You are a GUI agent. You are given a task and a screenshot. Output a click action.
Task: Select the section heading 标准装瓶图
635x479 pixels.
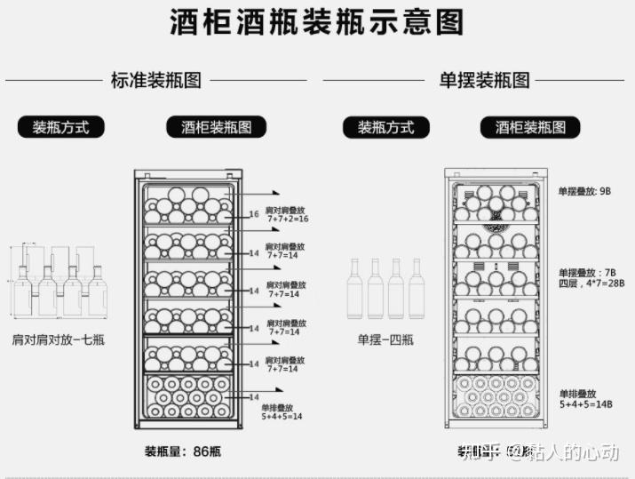tap(156, 80)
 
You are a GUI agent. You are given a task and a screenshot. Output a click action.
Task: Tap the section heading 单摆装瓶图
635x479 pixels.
tap(485, 80)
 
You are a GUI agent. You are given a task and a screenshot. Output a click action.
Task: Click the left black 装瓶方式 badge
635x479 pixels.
tap(61, 127)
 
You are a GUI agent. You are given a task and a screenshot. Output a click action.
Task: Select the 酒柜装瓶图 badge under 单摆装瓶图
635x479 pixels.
tap(530, 127)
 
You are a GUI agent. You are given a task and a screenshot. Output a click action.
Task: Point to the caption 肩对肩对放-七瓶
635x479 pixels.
tap(59, 339)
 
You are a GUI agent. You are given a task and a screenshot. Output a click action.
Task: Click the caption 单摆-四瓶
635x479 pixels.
tap(385, 339)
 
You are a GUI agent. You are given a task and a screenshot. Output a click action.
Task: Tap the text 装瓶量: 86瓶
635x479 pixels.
tap(183, 451)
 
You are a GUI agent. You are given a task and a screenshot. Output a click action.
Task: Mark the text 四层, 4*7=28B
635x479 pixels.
tap(591, 283)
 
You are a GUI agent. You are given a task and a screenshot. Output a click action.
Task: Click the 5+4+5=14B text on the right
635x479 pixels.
tap(586, 403)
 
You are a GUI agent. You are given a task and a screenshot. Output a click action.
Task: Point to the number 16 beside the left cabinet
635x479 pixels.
tap(254, 214)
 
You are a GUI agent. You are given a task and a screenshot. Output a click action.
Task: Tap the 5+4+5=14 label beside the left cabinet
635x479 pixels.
tap(282, 415)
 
